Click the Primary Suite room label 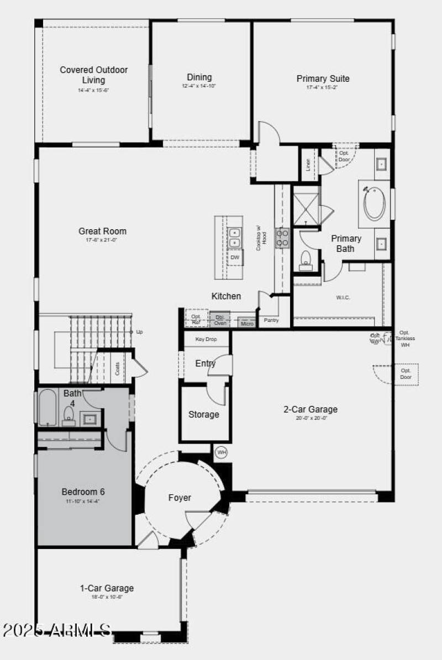[x=323, y=78]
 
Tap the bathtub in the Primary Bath [x=374, y=204]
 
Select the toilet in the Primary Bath [x=306, y=260]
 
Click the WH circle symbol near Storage [x=221, y=453]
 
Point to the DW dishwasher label [x=235, y=257]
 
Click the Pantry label [x=271, y=320]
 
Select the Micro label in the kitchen [x=247, y=323]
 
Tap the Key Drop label [x=206, y=339]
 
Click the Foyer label [x=180, y=498]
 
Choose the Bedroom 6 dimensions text [x=83, y=501]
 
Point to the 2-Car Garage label [x=311, y=409]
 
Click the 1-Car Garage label [x=107, y=588]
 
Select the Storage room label [x=204, y=414]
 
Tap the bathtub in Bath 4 [x=48, y=408]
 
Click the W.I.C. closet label [x=343, y=298]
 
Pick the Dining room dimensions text [x=199, y=86]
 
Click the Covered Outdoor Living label [x=94, y=75]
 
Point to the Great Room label [x=102, y=231]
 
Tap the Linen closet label [x=308, y=165]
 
